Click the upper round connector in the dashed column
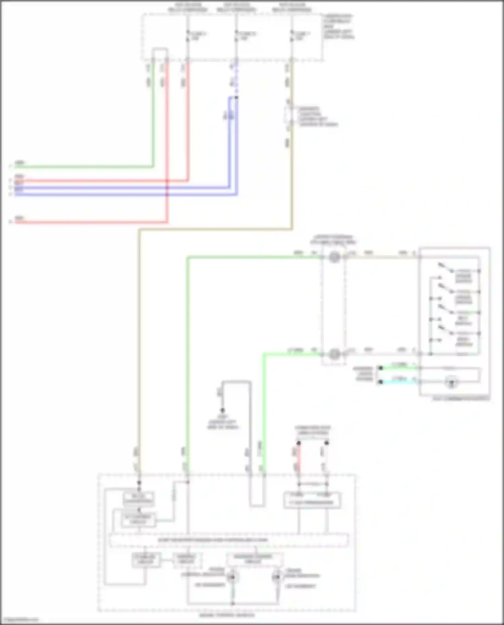click(x=334, y=257)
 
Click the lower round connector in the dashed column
click(x=334, y=354)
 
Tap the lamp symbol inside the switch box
click(x=451, y=382)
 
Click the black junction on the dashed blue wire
click(x=236, y=97)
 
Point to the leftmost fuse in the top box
click(x=188, y=36)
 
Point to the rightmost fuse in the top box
click(x=291, y=36)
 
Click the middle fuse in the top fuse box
click(x=236, y=36)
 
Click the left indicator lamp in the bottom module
click(x=232, y=577)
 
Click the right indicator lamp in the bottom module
click(x=277, y=577)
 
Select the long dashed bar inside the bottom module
click(x=228, y=540)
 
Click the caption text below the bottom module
click(x=227, y=615)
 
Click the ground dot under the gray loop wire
click(x=222, y=410)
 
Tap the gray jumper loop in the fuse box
click(x=160, y=50)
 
